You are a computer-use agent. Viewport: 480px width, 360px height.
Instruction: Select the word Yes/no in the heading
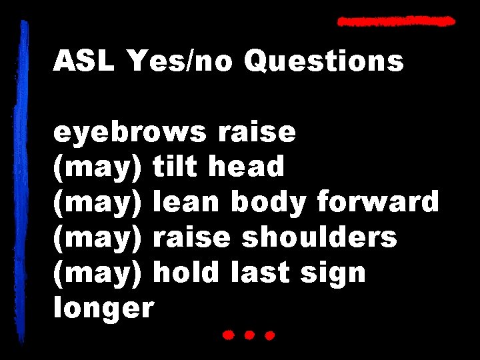point(179,62)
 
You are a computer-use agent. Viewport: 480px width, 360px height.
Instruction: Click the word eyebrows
point(130,133)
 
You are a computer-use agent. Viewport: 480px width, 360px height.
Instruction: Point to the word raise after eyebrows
point(256,133)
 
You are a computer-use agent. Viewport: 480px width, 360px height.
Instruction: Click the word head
point(246,167)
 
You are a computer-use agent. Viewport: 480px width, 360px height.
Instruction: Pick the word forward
point(378,202)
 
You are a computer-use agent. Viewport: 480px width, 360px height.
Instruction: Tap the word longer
point(103,309)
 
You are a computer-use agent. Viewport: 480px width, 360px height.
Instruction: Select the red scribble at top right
point(396,21)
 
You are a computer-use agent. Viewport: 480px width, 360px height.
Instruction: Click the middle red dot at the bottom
point(249,335)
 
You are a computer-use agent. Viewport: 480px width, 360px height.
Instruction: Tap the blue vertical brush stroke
point(25,180)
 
